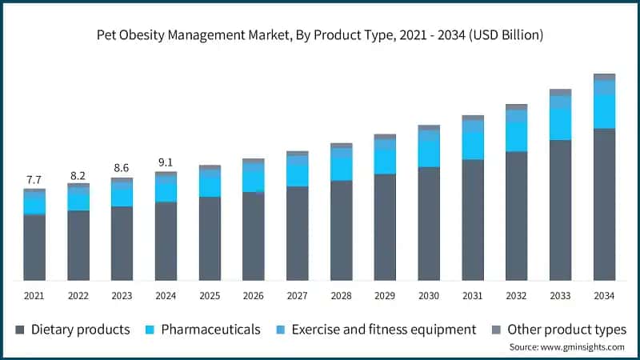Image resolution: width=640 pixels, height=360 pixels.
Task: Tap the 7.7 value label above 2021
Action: [34, 179]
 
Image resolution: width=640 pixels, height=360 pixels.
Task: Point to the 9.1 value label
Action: [166, 162]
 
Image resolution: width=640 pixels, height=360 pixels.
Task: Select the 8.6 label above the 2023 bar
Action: [122, 168]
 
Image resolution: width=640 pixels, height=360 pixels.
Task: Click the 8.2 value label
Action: [78, 176]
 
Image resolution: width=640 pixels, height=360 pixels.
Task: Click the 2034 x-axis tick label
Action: [604, 295]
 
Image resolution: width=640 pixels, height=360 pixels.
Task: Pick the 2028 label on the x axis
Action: [341, 295]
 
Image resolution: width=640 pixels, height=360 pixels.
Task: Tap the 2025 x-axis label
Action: [210, 295]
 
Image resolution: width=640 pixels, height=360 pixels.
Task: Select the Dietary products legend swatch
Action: [19, 330]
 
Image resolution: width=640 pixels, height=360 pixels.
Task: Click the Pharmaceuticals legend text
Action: [210, 330]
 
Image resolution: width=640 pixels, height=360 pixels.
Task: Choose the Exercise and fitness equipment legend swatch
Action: [281, 330]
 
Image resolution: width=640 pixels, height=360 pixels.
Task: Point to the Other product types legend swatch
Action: [496, 330]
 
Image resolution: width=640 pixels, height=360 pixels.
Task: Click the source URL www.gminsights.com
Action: [582, 347]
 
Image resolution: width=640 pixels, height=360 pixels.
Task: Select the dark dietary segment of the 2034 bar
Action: [604, 205]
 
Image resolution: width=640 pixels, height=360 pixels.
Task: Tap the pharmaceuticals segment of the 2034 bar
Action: [604, 112]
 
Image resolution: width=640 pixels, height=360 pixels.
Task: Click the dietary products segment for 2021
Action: [34, 247]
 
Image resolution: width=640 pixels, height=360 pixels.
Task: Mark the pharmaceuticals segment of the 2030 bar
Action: [429, 154]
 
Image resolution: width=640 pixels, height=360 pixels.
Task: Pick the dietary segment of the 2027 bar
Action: [297, 234]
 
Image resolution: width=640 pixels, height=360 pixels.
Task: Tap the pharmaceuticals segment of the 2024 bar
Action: [166, 192]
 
